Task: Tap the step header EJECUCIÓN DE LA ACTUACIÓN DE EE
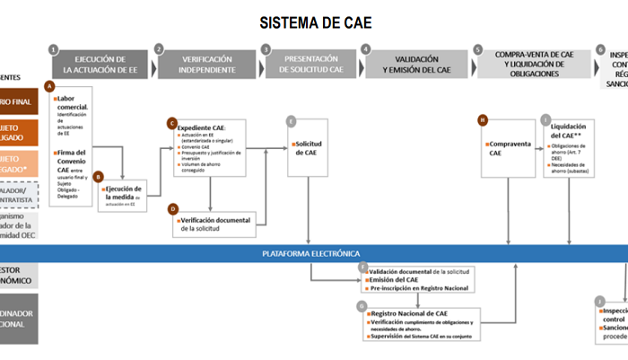100,63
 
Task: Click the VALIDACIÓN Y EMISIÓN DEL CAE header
414,63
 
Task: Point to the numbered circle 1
55,49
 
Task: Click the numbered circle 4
366,49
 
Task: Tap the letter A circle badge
49,86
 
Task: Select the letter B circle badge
100,178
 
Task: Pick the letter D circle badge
173,209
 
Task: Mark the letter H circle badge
483,119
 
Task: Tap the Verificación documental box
216,223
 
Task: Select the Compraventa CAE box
509,148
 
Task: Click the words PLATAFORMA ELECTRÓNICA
310,253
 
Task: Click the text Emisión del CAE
394,279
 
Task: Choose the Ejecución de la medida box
123,193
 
